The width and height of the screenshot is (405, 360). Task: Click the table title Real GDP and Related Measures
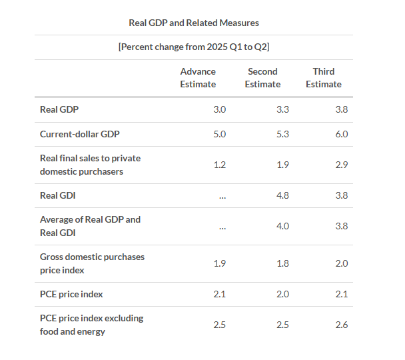194,23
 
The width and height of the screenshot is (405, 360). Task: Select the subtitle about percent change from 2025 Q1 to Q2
194,47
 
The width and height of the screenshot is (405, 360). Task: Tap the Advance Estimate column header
198,78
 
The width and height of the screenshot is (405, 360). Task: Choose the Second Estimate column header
262,78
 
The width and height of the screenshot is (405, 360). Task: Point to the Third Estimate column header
324,78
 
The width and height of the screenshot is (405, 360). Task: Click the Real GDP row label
60,109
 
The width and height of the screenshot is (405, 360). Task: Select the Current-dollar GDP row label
80,134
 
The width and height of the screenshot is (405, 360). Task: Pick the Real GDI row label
58,195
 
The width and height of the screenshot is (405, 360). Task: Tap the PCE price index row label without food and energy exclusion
71,294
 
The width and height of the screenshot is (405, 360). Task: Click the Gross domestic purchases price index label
92,263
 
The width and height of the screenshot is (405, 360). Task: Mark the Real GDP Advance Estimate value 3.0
220,109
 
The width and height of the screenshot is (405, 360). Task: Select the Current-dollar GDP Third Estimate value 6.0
341,134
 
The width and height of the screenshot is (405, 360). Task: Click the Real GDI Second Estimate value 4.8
282,195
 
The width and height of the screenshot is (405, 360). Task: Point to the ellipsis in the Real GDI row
222,195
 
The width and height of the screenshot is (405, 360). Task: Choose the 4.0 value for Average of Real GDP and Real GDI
282,226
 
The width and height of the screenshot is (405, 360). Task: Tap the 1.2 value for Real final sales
220,165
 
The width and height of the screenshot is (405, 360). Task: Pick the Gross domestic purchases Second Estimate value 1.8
282,263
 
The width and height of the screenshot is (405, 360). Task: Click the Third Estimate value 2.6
341,325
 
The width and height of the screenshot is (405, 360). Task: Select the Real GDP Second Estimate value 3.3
282,109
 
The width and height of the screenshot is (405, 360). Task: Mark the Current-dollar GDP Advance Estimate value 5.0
220,134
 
